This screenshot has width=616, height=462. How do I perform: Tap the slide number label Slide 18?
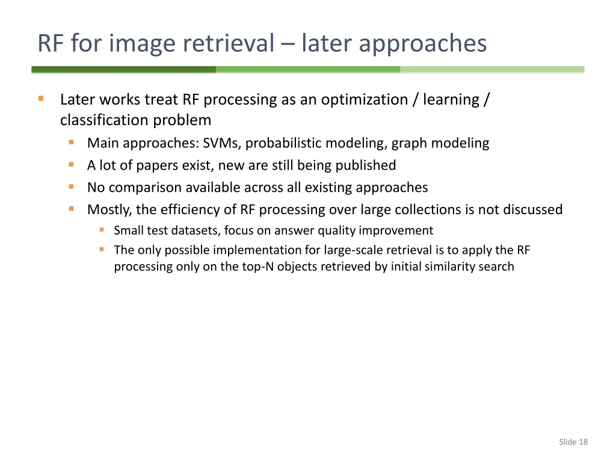[x=573, y=442]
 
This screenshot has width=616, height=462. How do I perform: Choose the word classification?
[x=104, y=120]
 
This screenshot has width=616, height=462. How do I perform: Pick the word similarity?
[x=451, y=266]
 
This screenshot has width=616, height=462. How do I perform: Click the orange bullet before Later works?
[x=41, y=99]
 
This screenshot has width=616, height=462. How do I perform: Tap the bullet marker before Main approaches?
[x=72, y=143]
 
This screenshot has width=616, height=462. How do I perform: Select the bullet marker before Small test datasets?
[x=102, y=230]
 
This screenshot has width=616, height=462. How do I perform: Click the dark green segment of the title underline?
[x=123, y=70]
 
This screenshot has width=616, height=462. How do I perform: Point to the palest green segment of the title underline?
[x=492, y=70]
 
